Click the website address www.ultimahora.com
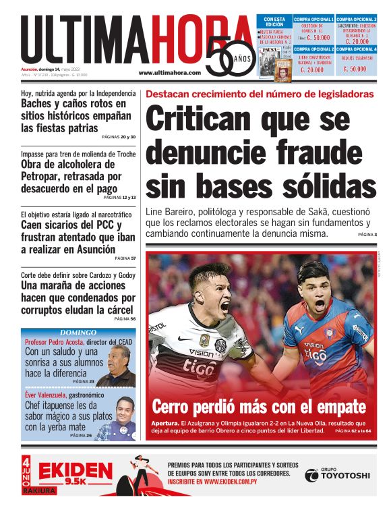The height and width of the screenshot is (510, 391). tap(169, 73)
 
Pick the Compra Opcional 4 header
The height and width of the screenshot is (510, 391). tap(357, 49)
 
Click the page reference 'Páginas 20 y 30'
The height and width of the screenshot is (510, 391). tap(119, 137)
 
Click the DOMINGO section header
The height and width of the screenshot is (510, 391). tap(78, 333)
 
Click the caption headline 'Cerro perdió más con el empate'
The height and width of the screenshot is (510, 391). tap(258, 407)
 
